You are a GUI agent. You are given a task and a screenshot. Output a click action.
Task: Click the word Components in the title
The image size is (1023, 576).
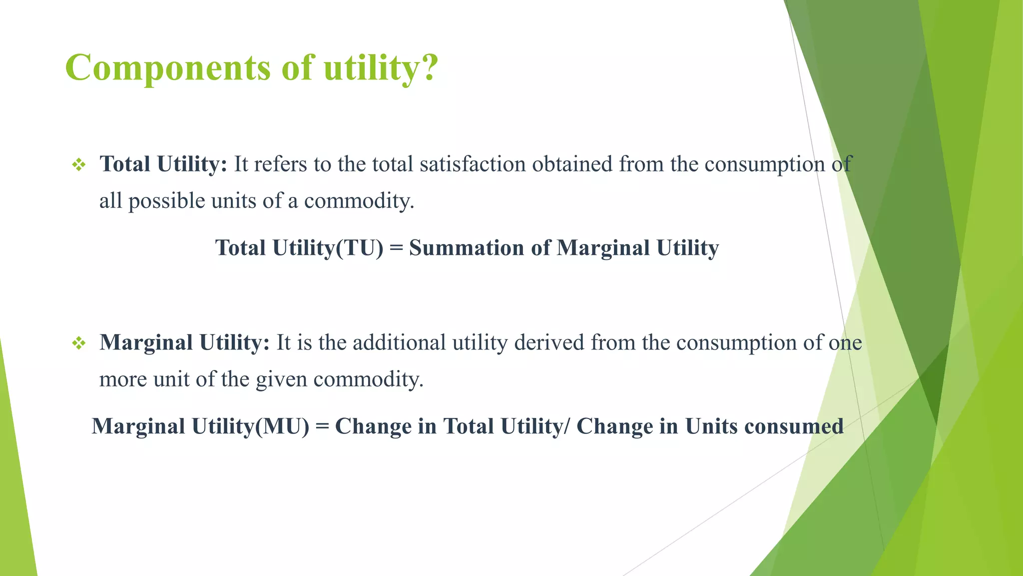167,68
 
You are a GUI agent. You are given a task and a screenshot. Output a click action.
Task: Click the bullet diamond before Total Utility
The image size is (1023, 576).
79,164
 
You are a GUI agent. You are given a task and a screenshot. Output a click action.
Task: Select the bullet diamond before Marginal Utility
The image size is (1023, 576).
79,343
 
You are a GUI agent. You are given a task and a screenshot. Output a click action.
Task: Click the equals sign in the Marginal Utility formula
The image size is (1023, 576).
322,427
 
